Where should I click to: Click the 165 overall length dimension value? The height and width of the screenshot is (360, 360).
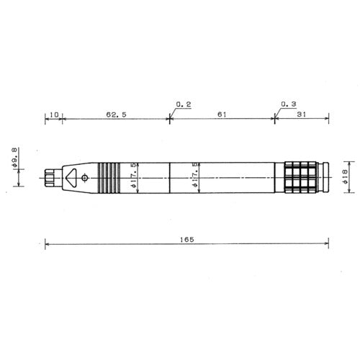(x=187, y=240)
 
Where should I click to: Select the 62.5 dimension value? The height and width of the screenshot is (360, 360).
(x=116, y=114)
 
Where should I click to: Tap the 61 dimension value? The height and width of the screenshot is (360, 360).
(x=222, y=114)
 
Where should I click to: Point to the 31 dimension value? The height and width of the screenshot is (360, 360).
(x=302, y=114)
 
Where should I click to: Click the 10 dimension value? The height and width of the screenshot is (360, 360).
(x=54, y=114)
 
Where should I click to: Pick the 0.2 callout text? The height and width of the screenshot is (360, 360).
(x=184, y=104)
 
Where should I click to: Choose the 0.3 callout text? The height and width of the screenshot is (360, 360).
(x=289, y=104)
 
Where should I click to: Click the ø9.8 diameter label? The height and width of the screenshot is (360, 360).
(x=14, y=158)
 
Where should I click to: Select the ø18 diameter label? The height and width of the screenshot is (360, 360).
(x=345, y=176)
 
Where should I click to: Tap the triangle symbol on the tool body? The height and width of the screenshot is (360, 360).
(x=71, y=178)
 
